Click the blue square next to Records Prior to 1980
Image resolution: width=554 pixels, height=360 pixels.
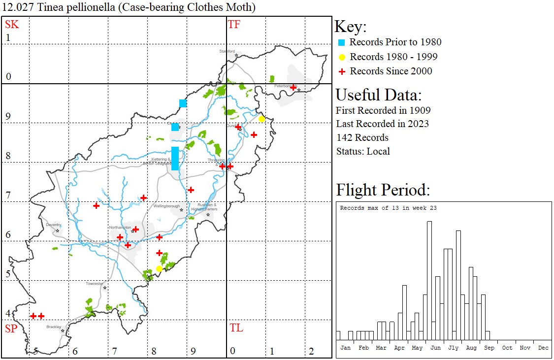coord(341,42)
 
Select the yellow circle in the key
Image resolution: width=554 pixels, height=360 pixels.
coord(341,57)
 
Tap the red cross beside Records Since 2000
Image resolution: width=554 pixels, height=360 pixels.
coord(341,71)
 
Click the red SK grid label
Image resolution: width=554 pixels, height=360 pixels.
coord(12,25)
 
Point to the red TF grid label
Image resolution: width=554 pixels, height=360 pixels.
coord(234,25)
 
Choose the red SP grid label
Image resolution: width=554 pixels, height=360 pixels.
coord(11,328)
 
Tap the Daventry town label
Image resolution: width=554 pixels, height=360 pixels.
coord(53,225)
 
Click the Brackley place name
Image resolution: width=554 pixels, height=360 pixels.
coord(53,327)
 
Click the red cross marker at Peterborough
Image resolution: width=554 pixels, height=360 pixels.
coord(293,88)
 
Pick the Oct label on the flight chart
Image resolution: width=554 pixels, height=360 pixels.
coord(507,348)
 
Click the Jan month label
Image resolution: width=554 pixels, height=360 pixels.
coord(346,348)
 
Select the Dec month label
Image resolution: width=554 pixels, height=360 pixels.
coord(543,348)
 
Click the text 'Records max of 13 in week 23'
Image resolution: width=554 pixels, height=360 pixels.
coord(388,208)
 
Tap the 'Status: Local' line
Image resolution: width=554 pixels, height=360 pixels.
coord(363,151)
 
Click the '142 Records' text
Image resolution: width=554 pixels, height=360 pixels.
coord(362,137)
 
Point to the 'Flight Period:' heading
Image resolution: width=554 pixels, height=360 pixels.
coord(383,190)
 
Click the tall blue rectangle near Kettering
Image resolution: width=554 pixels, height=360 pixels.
coord(175,159)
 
